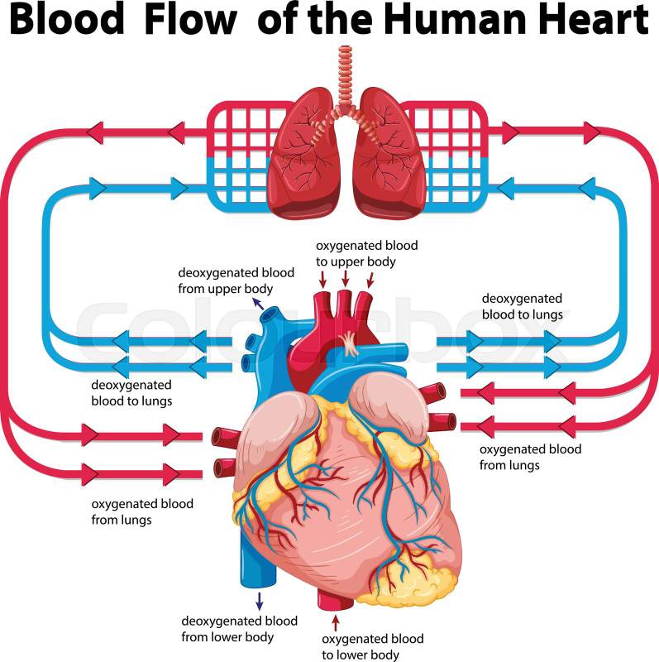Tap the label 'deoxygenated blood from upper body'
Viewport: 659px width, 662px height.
click(225, 280)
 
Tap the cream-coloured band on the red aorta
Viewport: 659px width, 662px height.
click(351, 340)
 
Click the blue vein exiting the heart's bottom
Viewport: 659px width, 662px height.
click(252, 564)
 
